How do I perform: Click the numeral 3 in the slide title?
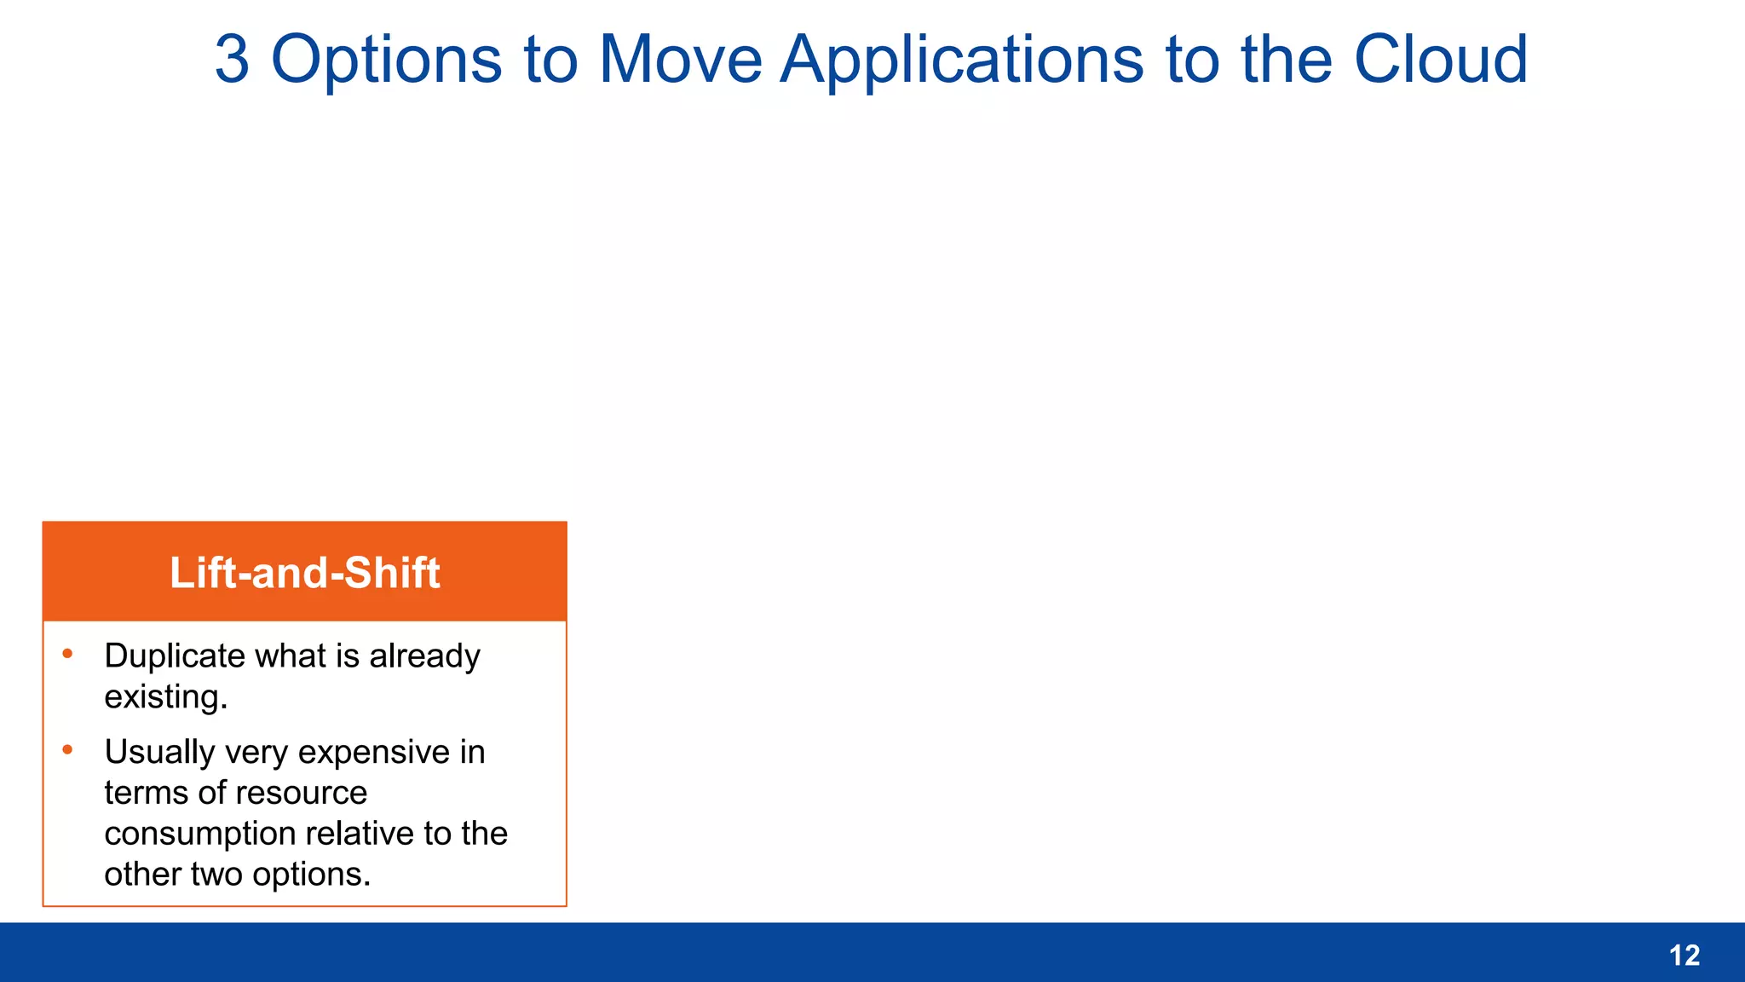coord(232,60)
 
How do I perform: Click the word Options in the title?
coord(386,60)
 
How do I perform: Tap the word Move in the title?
coord(680,60)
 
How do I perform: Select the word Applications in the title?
coord(962,60)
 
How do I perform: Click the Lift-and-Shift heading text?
coord(304,573)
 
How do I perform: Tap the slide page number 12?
coord(1684,956)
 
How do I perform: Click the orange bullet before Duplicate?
coord(67,654)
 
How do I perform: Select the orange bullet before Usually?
coord(67,750)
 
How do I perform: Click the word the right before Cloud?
coord(1286,60)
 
